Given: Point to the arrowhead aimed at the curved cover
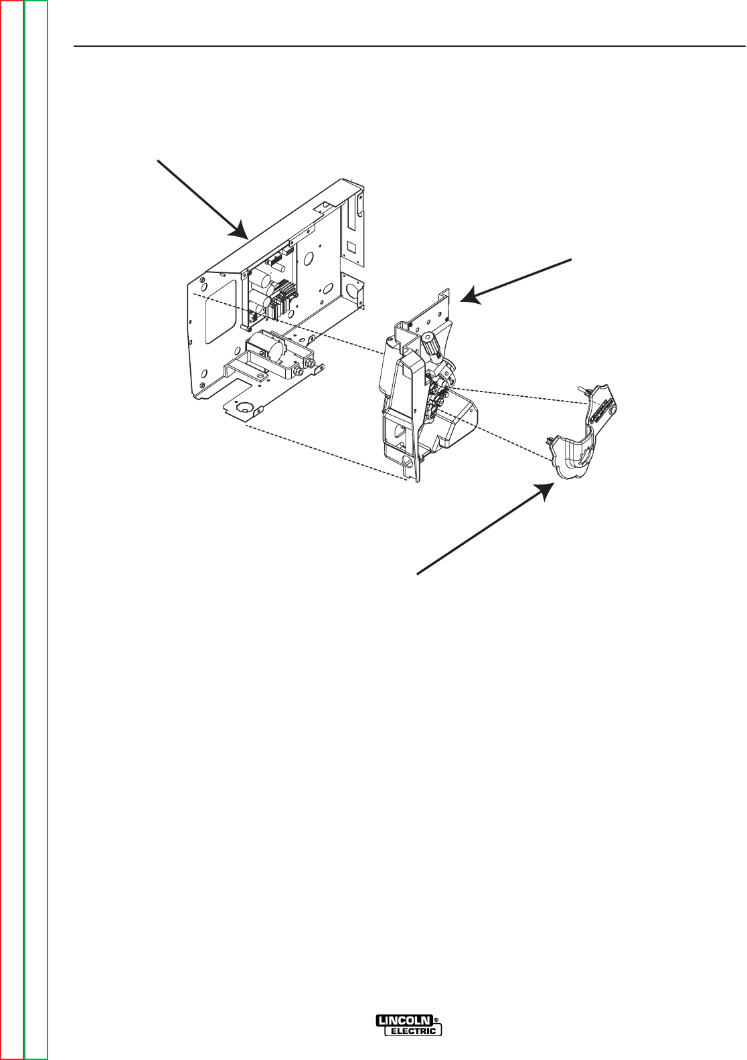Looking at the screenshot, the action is [548, 491].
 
